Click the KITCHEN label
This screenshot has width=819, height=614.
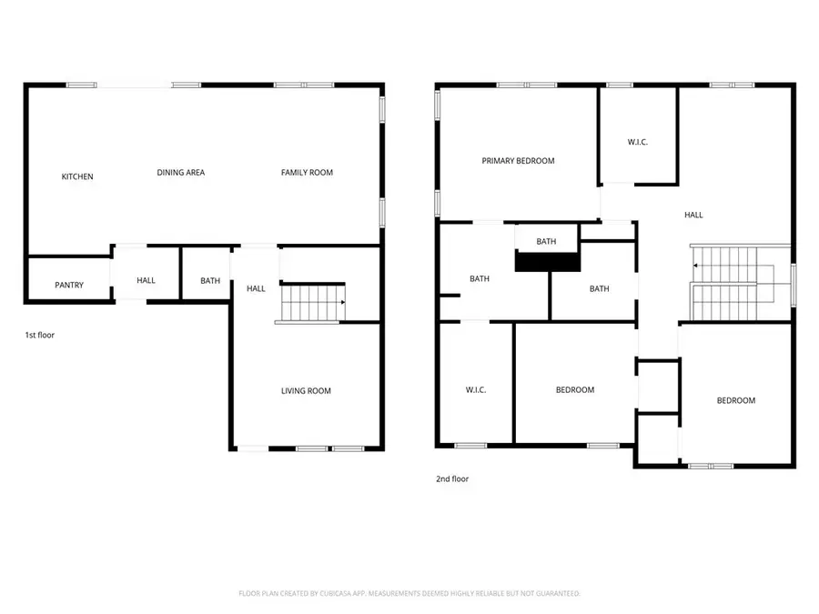click(77, 176)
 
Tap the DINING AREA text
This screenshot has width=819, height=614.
click(180, 172)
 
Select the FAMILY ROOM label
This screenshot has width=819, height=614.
click(307, 172)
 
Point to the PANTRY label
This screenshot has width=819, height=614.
click(69, 285)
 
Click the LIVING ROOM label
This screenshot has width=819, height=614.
click(306, 391)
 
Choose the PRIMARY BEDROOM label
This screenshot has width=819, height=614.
click(518, 161)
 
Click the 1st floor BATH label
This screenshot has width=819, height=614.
click(210, 281)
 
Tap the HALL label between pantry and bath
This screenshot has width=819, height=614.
click(146, 281)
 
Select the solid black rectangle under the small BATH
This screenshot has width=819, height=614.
click(548, 261)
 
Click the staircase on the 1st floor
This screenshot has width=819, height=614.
click(312, 302)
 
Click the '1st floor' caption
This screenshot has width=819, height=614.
click(39, 336)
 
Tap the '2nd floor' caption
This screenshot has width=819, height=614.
click(453, 478)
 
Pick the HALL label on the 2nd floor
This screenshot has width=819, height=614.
click(693, 216)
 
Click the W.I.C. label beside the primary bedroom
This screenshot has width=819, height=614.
click(638, 143)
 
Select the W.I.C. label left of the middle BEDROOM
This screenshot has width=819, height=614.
click(475, 390)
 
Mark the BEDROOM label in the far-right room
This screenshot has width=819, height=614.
click(735, 401)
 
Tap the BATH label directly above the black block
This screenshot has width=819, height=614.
click(546, 242)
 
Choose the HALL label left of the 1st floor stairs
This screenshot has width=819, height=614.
click(256, 289)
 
